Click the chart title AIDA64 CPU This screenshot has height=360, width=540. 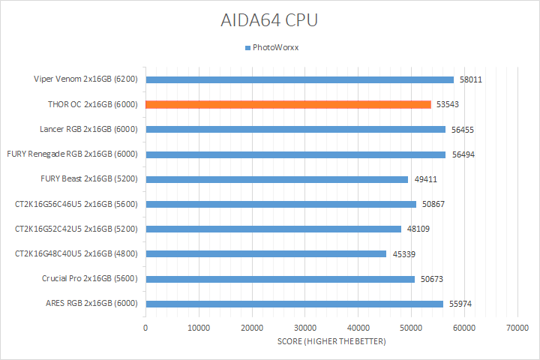(x=269, y=19)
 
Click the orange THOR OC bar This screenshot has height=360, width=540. (x=288, y=104)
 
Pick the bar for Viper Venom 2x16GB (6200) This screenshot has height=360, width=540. (x=299, y=79)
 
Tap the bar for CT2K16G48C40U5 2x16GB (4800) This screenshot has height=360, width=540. (x=265, y=253)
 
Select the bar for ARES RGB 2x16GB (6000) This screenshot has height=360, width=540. (x=294, y=304)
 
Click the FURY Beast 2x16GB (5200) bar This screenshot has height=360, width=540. (x=277, y=179)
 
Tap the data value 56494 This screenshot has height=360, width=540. (x=463, y=154)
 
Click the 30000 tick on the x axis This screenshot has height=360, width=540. (x=304, y=328)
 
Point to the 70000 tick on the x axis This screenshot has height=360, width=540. (x=517, y=328)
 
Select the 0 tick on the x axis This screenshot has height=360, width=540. (x=145, y=328)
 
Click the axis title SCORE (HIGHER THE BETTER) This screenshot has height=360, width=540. (x=331, y=342)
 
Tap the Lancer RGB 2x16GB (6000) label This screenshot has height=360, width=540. (x=88, y=129)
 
